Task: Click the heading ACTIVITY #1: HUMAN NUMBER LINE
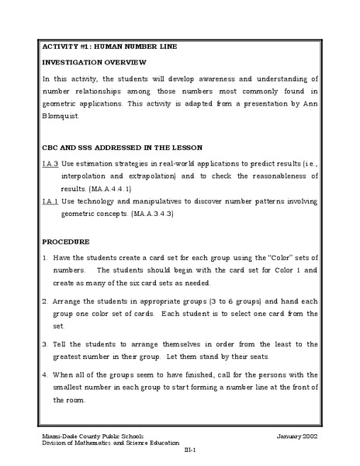point(109,47)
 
